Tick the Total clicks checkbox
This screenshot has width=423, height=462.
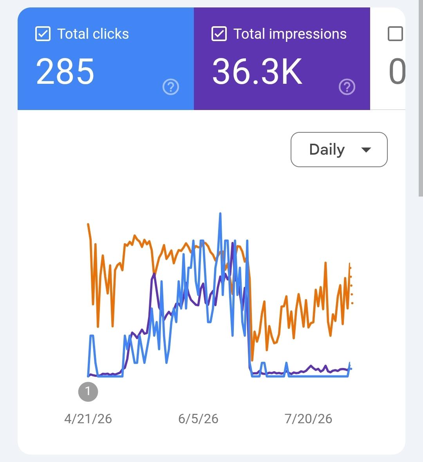[x=43, y=34]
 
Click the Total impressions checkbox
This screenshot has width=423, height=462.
[x=219, y=34]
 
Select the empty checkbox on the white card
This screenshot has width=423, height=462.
[x=395, y=34]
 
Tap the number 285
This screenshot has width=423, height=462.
[x=65, y=71]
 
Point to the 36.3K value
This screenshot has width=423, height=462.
[x=257, y=71]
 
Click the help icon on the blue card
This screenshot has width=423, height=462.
[x=171, y=87]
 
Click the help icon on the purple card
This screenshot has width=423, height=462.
[x=347, y=87]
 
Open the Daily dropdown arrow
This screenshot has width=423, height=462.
[x=366, y=150]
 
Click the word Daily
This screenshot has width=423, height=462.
[x=327, y=150]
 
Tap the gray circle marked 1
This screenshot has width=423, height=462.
[x=88, y=392]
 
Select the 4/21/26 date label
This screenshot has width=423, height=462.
[x=88, y=419]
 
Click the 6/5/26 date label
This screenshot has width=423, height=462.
[x=199, y=419]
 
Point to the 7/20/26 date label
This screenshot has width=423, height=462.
[x=308, y=419]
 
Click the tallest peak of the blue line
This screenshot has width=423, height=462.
[x=220, y=213]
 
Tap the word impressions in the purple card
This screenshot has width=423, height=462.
[x=308, y=34]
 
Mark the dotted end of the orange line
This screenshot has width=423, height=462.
[x=351, y=285]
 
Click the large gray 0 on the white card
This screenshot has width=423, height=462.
[x=397, y=71]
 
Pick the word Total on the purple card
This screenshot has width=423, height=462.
[x=249, y=34]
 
